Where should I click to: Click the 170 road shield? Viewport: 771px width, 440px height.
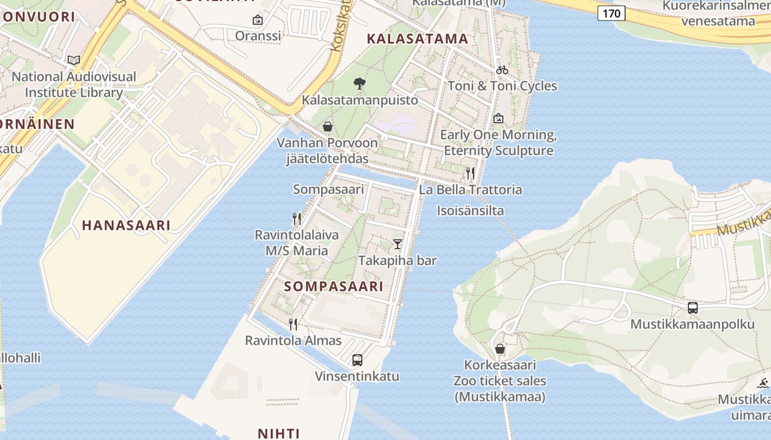coord(611,13)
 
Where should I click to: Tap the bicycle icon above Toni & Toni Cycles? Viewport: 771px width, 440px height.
coord(502,70)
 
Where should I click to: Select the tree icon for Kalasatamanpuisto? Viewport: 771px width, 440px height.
coord(360,84)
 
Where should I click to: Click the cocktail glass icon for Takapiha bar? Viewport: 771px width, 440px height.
coord(398,244)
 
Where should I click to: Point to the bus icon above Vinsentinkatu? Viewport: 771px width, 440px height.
coord(357,360)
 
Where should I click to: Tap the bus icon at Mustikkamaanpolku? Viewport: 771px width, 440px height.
coord(693,308)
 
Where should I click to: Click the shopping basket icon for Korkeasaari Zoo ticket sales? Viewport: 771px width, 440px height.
coord(499,349)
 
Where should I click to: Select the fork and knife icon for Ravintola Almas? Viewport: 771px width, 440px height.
coord(293,324)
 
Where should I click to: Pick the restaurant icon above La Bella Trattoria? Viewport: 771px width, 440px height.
coord(470,173)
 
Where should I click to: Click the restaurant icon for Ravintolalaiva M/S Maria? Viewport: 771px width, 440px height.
coord(297,219)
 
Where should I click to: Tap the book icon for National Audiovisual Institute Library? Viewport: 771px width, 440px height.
coord(74,60)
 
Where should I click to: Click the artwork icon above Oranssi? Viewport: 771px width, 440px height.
coord(257,20)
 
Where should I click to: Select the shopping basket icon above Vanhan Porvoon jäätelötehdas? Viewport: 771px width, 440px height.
coord(328,127)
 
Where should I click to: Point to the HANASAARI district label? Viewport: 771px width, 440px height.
coord(126,225)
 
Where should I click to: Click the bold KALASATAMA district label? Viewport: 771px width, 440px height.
coord(417,38)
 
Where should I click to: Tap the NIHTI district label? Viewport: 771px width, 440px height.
coord(279,433)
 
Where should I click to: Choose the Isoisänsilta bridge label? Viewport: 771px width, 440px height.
coord(470,211)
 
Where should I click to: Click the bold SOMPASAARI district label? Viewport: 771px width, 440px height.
coord(334,287)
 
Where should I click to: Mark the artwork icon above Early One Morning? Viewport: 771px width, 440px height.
coord(498,118)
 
